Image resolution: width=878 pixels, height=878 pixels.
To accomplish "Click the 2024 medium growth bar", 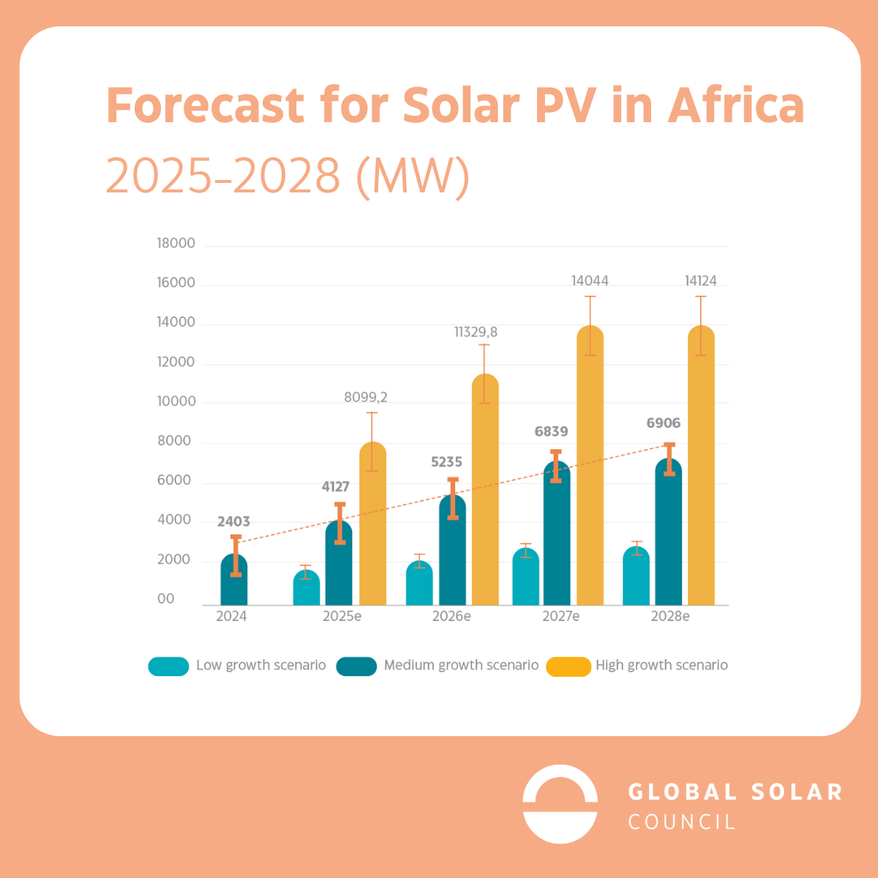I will tap(234, 582).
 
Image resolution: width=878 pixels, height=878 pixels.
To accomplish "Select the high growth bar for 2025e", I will tap(372, 527).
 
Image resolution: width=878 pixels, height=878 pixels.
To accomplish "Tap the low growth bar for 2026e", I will tap(419, 585).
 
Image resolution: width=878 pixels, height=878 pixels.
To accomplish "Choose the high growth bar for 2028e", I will tap(701, 468).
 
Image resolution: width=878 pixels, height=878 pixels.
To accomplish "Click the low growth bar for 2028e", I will tap(636, 578).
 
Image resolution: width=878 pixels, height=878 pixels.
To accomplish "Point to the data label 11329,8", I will tap(476, 332).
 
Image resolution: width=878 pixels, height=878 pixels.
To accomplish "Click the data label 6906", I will tap(663, 423).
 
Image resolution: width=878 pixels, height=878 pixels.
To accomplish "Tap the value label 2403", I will tap(233, 522).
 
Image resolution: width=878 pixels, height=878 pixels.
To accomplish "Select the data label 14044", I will tap(590, 281).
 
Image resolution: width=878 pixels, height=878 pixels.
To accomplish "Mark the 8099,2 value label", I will tap(366, 397).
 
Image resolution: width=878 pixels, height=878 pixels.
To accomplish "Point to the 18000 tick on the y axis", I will tap(176, 244).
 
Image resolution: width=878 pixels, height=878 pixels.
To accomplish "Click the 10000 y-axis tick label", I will tap(176, 402).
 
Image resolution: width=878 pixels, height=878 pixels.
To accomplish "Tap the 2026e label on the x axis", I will tap(451, 617).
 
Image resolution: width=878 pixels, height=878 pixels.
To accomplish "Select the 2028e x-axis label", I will tap(670, 617).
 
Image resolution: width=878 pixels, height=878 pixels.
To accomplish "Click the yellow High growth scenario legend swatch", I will tap(569, 667).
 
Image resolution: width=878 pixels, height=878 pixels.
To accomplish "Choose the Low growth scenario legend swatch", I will tap(168, 667).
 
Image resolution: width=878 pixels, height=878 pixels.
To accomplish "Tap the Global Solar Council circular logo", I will tap(560, 804).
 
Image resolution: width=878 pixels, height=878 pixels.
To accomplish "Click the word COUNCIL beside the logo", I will tap(682, 822).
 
